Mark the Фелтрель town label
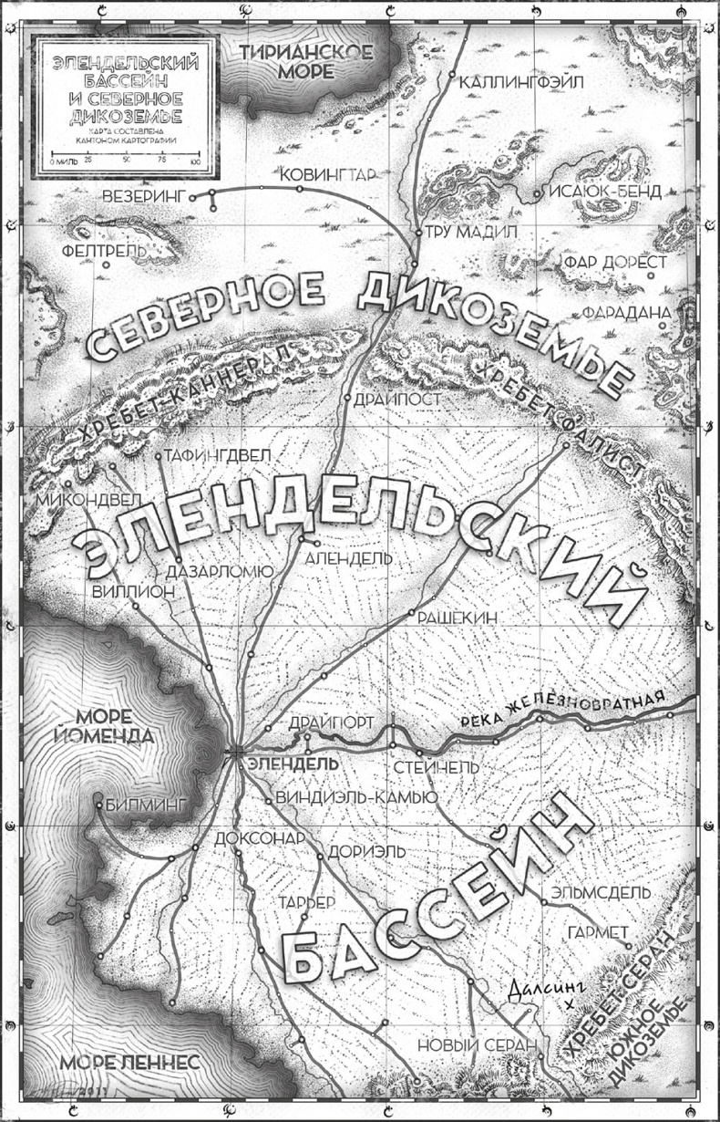100,249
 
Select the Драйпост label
398,400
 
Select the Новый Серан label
468,1045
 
